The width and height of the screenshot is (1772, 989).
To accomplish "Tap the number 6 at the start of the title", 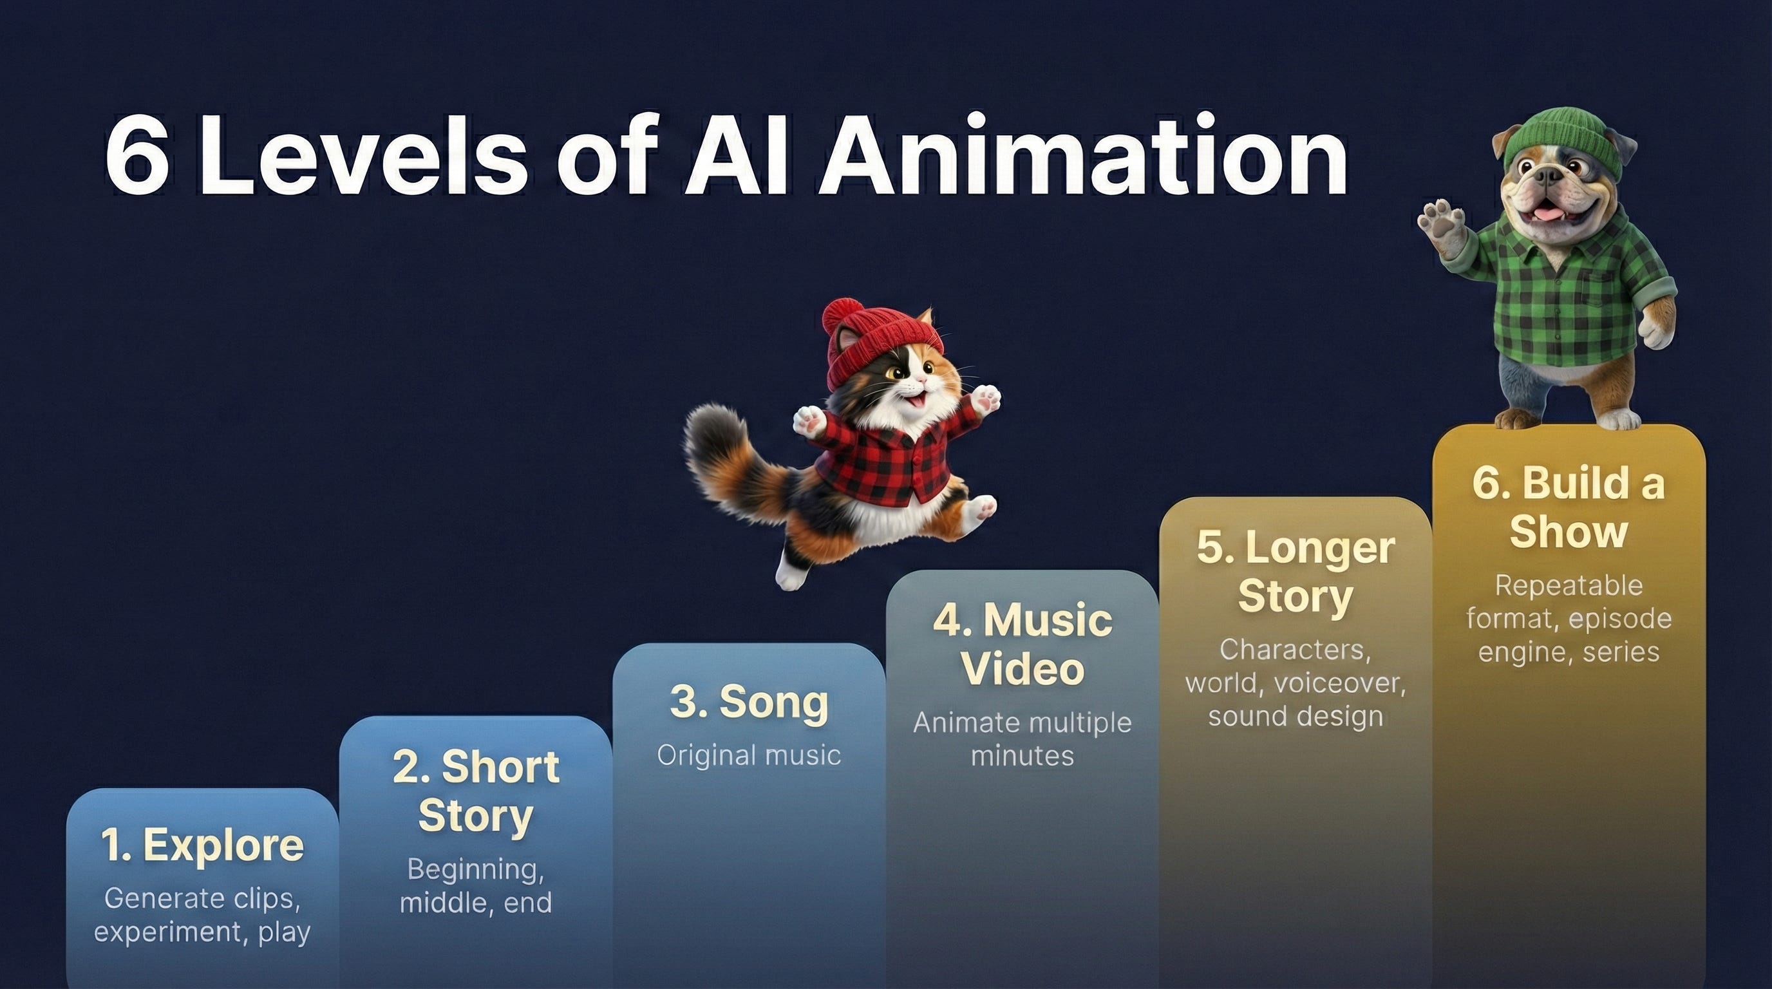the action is click(137, 157).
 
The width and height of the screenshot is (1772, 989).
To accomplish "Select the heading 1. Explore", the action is click(202, 845).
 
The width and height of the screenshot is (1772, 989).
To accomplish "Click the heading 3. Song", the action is click(749, 702).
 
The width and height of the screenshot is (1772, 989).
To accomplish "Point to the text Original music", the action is click(749, 755).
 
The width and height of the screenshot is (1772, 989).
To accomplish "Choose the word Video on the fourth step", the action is click(1023, 668).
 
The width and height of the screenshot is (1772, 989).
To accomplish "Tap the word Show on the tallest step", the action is click(1569, 532).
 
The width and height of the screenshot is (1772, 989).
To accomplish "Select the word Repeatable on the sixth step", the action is click(1569, 585).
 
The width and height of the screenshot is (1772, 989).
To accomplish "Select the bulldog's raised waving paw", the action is click(1442, 225).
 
